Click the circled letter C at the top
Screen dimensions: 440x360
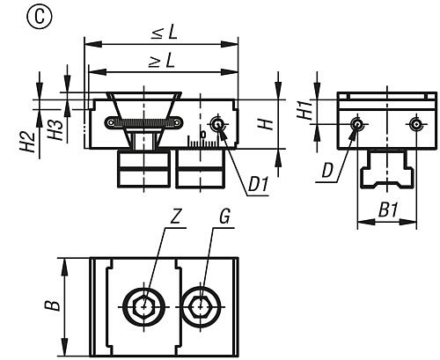(40, 17)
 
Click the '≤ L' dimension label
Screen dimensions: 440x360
(165, 33)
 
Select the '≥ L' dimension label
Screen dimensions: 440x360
(162, 61)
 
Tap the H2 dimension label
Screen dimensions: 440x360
(27, 142)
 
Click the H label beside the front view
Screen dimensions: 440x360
(266, 124)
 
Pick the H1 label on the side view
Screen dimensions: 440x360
(304, 109)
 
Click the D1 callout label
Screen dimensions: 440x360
(258, 185)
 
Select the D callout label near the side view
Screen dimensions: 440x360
(327, 171)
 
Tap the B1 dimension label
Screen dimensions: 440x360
(388, 210)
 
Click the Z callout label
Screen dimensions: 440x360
(175, 217)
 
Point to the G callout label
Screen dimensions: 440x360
(224, 217)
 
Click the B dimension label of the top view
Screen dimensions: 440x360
(53, 305)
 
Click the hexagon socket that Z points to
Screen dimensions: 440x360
(144, 307)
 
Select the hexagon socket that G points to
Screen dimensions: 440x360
(201, 307)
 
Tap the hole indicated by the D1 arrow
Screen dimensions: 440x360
(217, 125)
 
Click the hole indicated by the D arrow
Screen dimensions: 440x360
(357, 124)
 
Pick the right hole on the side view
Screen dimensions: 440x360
(416, 124)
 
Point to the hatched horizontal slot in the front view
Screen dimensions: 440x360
(143, 122)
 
